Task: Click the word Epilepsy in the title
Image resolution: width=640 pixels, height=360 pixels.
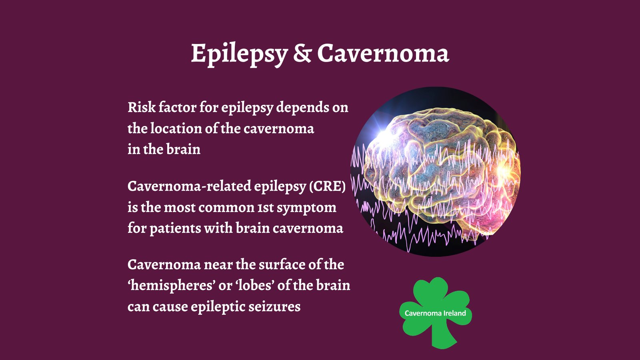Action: (239, 54)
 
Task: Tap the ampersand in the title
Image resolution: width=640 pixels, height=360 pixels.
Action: (302, 54)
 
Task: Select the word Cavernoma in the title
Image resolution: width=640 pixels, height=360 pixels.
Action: (383, 54)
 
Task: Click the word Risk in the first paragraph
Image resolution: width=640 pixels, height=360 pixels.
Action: (142, 107)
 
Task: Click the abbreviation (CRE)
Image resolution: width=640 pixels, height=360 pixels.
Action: (327, 186)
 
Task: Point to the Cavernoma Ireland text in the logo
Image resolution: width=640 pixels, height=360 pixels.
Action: (435, 313)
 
